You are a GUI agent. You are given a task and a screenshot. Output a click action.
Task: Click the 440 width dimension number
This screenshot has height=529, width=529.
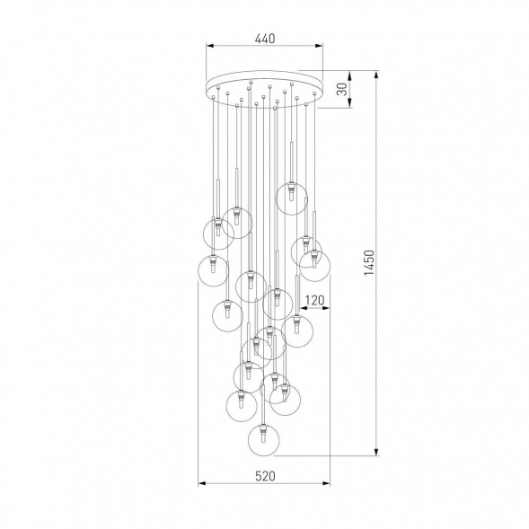[x=264, y=39]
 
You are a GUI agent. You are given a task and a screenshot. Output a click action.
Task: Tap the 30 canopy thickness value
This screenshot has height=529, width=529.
[x=341, y=90]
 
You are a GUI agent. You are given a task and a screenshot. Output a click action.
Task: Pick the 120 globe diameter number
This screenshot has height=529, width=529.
[x=313, y=302]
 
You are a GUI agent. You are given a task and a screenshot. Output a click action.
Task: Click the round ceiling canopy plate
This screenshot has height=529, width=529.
[x=264, y=88]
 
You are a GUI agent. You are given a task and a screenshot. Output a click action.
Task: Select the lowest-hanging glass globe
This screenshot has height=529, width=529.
[x=263, y=439]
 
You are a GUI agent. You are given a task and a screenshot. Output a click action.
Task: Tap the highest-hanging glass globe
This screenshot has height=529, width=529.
[x=292, y=198]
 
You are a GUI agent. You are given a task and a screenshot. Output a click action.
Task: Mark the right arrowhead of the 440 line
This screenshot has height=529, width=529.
[x=320, y=48]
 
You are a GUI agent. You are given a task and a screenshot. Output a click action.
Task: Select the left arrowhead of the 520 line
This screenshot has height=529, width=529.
[x=200, y=485]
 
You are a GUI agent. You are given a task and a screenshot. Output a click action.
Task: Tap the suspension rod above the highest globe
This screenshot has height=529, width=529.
[x=292, y=153]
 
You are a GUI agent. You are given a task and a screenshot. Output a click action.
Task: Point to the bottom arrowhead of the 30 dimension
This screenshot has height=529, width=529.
[x=348, y=105]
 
